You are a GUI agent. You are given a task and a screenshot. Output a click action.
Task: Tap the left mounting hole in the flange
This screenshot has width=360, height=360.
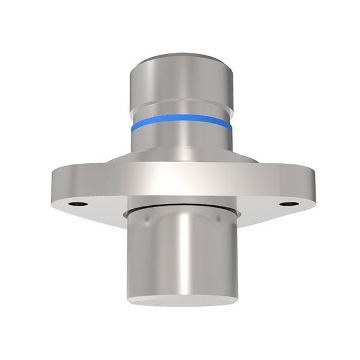(77, 203)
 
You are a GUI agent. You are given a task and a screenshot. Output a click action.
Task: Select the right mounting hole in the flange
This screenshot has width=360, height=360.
(289, 203)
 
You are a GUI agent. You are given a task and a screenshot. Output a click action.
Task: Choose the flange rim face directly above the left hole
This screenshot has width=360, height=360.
(77, 183)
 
